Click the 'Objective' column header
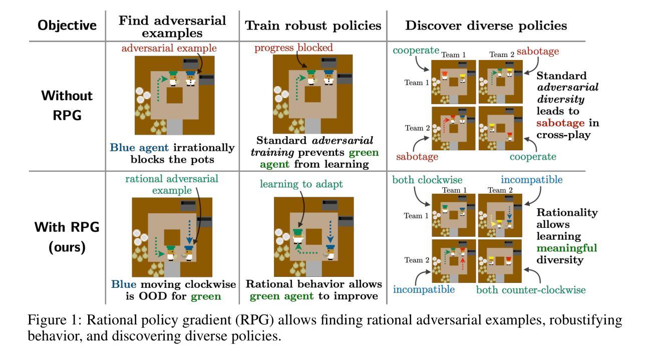point(67,26)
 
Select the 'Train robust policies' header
point(313,26)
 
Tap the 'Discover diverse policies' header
point(486,26)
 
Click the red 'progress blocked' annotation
point(293,48)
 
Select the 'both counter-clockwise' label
point(530,290)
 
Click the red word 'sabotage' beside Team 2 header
point(538,52)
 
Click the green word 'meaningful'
point(567,248)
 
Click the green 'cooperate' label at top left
point(416,51)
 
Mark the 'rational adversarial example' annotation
point(172,185)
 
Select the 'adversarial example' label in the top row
point(169,49)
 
